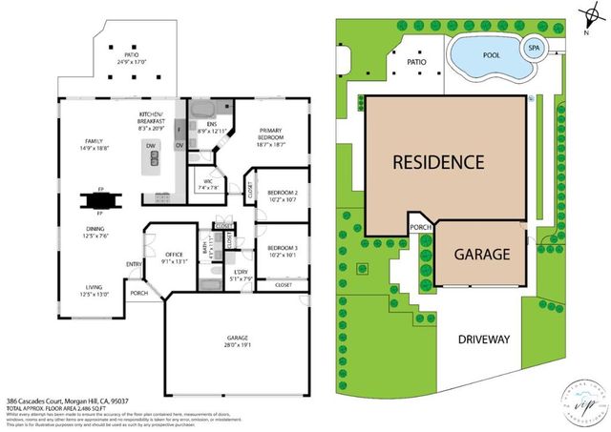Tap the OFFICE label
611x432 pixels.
coord(174,255)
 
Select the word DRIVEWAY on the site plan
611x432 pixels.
coord(485,339)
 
